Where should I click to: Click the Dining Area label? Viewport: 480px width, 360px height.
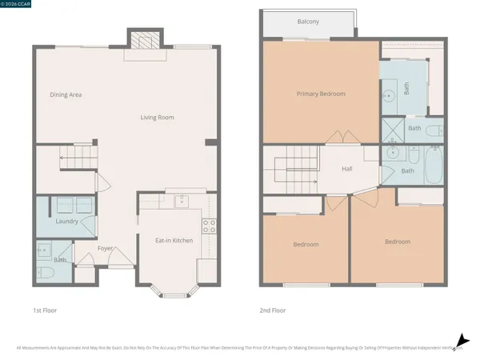point(66,94)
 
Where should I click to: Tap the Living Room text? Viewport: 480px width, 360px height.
point(157,118)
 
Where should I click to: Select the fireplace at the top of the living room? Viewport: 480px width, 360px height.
point(145,41)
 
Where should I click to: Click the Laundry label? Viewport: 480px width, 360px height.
point(67,221)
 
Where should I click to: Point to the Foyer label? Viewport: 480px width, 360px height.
point(106,248)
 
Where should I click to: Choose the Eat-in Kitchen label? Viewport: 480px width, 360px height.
point(174,240)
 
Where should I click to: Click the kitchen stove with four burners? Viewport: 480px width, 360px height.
point(210,226)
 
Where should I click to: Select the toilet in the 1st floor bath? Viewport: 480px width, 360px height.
point(45,272)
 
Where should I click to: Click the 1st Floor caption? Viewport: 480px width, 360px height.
point(45,310)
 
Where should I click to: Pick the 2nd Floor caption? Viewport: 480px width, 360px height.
point(273,310)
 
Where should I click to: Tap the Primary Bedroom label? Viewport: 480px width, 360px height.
point(321,94)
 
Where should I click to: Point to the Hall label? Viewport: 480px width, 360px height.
point(347,169)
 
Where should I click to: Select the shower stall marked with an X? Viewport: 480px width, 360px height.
point(392,130)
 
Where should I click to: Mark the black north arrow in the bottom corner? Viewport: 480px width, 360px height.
point(461,341)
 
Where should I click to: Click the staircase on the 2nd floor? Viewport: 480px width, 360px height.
point(293,169)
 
